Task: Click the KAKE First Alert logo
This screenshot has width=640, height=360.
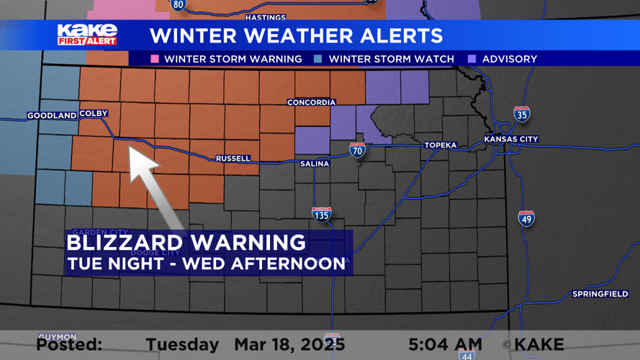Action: [x=87, y=35]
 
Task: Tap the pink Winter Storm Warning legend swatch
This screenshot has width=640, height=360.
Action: [x=155, y=59]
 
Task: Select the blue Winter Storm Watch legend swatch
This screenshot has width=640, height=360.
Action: [x=319, y=59]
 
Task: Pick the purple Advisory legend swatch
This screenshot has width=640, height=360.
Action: [x=472, y=59]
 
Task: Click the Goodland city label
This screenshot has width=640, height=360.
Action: [x=52, y=115]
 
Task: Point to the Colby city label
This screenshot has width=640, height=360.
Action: [x=94, y=114]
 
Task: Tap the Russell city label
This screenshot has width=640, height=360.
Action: [x=233, y=158]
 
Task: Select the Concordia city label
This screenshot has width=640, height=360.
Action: [x=311, y=102]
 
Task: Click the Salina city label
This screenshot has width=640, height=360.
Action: [x=315, y=164]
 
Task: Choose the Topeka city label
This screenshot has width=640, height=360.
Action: [x=441, y=145]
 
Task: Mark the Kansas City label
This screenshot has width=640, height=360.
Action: [x=511, y=139]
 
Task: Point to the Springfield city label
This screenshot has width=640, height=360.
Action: [x=599, y=294]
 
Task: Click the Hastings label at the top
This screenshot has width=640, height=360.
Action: [x=266, y=17]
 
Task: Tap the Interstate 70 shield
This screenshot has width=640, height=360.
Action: [x=358, y=150]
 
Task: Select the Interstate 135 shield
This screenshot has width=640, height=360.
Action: [x=322, y=214]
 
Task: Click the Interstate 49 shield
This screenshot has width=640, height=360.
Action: [x=526, y=217]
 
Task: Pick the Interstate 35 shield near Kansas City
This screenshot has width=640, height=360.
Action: [x=522, y=114]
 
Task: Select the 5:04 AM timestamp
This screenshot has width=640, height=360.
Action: [x=445, y=344]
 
